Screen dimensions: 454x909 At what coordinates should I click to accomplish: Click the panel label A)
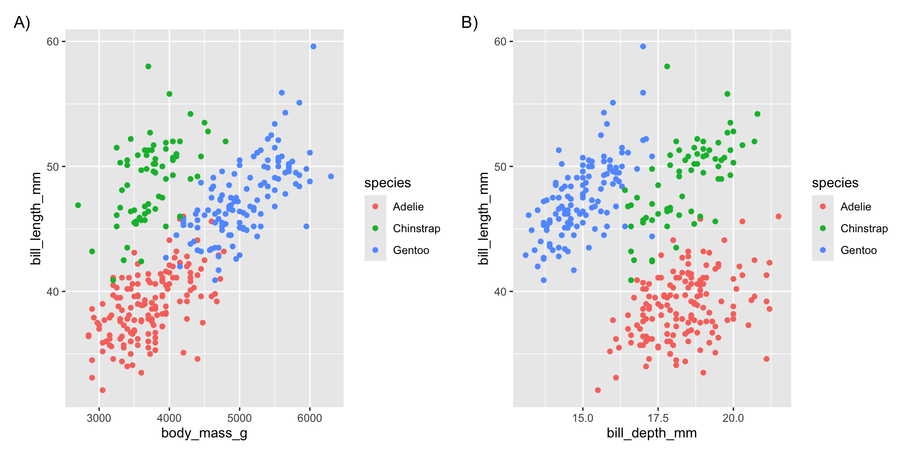(22, 22)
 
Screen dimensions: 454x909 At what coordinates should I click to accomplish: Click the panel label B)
(469, 22)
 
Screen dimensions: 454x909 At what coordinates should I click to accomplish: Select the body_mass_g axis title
(204, 433)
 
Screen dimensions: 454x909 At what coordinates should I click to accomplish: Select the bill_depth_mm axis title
(651, 433)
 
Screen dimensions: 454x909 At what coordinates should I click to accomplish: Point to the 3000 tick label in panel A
(99, 418)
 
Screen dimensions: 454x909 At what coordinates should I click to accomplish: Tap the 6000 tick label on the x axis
(310, 418)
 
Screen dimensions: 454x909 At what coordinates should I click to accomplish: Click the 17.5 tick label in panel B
(658, 418)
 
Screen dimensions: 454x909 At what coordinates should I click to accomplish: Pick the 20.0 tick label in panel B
(733, 418)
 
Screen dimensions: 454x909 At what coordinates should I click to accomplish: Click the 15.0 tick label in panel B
(582, 418)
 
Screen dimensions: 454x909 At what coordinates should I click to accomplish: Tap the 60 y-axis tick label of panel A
(53, 42)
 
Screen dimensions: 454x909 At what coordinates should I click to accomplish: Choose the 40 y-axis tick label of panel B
(500, 292)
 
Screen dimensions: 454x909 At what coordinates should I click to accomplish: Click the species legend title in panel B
(835, 183)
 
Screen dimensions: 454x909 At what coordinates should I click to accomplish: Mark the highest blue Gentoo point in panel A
(313, 46)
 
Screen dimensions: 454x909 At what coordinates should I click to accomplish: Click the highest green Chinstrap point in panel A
(148, 66)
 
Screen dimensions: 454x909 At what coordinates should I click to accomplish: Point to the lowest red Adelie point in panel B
(598, 390)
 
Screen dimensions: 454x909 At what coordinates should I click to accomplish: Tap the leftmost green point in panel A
(78, 205)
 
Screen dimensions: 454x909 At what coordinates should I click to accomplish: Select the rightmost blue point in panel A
(331, 176)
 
